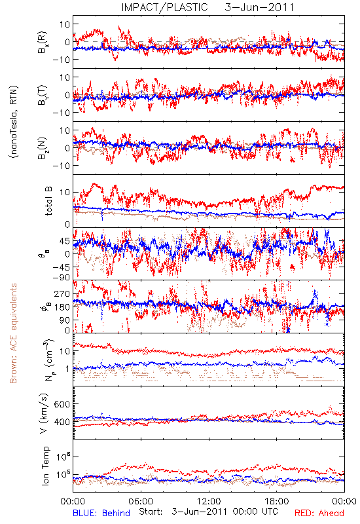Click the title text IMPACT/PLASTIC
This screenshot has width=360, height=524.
pyautogui.click(x=164, y=7)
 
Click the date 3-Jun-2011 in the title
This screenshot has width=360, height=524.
pyautogui.click(x=259, y=7)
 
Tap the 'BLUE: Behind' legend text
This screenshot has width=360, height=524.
pyautogui.click(x=101, y=513)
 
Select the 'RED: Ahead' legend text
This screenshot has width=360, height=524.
pyautogui.click(x=319, y=513)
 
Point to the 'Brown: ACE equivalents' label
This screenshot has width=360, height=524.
pyautogui.click(x=13, y=333)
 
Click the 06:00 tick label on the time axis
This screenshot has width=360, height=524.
pyautogui.click(x=141, y=501)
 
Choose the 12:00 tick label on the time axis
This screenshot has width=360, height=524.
pyautogui.click(x=209, y=501)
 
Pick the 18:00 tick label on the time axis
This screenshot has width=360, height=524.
pyautogui.click(x=277, y=501)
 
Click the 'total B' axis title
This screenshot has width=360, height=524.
pyautogui.click(x=48, y=201)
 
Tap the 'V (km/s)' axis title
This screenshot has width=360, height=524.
pyautogui.click(x=44, y=414)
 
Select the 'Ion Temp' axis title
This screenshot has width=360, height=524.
pyautogui.click(x=45, y=466)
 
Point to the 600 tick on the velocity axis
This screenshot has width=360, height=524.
pyautogui.click(x=62, y=404)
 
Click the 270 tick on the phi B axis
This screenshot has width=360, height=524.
pyautogui.click(x=62, y=293)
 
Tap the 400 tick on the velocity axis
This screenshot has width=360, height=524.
pyautogui.click(x=62, y=422)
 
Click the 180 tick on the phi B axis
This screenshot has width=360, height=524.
pyautogui.click(x=62, y=307)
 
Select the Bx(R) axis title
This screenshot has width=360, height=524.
pyautogui.click(x=43, y=43)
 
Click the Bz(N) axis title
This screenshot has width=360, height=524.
pyautogui.click(x=43, y=148)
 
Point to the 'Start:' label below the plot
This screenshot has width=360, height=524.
pyautogui.click(x=151, y=512)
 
